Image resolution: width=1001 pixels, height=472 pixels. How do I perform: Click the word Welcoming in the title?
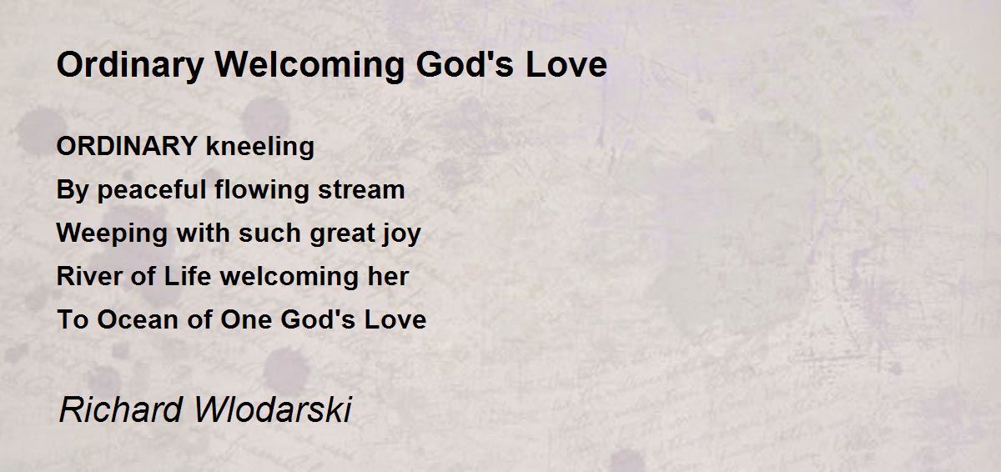[x=309, y=66]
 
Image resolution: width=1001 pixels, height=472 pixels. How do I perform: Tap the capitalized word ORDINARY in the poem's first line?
[x=127, y=146]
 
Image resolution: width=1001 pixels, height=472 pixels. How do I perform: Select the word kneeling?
[x=260, y=148]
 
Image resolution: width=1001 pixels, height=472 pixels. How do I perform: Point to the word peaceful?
[x=151, y=191]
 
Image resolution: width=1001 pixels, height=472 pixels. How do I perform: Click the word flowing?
[x=261, y=191]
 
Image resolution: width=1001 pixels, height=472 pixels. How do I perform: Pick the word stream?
[x=361, y=190]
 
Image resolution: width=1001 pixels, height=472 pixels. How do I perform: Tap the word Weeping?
[x=112, y=234]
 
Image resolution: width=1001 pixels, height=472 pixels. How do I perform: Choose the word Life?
[x=187, y=276]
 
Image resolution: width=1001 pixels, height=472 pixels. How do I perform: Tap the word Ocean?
[x=138, y=319]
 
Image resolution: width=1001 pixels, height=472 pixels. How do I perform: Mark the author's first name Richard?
[x=121, y=409]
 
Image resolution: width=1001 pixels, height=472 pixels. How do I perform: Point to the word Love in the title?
[x=566, y=65]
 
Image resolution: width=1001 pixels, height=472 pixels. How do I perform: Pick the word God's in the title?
[x=465, y=65]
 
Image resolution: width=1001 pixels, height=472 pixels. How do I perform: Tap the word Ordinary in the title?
[x=130, y=66]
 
